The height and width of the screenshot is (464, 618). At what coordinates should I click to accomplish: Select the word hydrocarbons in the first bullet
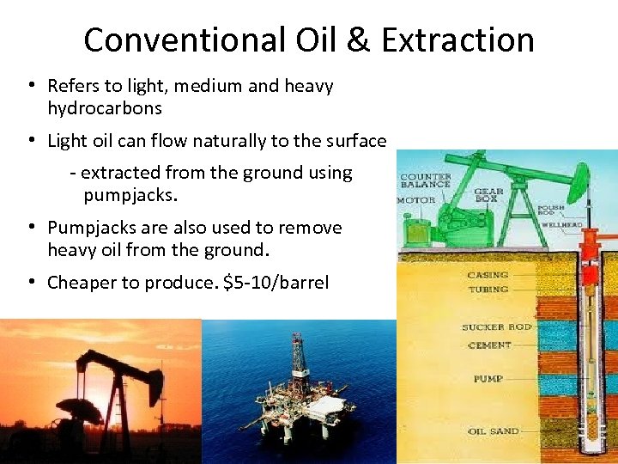coord(105,109)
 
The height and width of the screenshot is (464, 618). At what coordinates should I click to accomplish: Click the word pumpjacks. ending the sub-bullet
coord(130,195)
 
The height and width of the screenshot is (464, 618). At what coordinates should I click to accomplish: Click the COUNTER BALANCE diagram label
coord(426,181)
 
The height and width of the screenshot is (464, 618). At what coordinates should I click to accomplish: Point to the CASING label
coord(488,275)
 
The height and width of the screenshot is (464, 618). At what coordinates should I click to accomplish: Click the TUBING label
coord(488,290)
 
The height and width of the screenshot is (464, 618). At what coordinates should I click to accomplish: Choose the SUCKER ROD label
coord(496,327)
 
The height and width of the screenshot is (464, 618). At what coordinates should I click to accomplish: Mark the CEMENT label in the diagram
coord(490,345)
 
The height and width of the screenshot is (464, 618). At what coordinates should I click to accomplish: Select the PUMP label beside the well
coord(488,379)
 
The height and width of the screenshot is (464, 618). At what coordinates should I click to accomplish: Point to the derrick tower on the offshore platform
coord(298,361)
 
